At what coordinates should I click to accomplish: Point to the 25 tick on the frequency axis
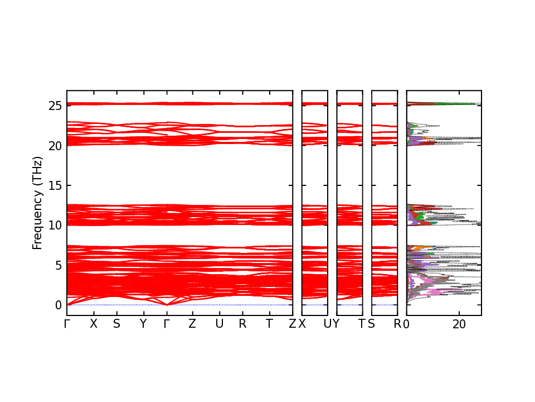click(55, 106)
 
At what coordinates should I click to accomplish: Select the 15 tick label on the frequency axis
click(55, 185)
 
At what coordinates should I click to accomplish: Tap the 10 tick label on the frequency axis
click(55, 225)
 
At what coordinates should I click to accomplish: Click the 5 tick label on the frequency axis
click(58, 265)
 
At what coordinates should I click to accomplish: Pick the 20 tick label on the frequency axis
click(55, 146)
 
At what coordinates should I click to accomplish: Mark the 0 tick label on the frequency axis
click(58, 305)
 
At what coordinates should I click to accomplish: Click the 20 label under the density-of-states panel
click(459, 324)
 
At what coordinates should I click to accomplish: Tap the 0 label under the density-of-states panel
click(407, 324)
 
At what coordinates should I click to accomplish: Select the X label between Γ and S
click(94, 324)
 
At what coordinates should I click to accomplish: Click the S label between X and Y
click(116, 324)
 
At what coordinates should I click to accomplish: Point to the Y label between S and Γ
click(143, 324)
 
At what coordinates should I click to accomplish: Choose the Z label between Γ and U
click(192, 324)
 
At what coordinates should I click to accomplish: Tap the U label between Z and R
click(220, 324)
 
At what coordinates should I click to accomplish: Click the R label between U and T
click(242, 324)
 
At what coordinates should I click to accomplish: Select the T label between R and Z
click(270, 324)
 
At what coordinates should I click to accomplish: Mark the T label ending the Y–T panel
click(362, 324)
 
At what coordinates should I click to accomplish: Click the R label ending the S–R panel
click(397, 324)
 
